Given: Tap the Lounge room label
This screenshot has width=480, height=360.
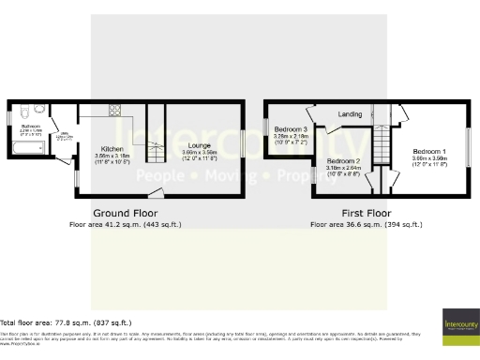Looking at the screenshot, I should click(x=198, y=145).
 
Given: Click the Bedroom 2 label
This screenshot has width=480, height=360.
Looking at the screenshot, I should click(x=344, y=161).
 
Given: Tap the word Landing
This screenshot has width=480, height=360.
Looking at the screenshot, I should click(x=350, y=114).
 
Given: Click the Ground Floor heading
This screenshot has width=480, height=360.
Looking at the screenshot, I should click(x=125, y=214).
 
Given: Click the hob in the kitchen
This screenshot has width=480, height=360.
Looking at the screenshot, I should click(x=116, y=111).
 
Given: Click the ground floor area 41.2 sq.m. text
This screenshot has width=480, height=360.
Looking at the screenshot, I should click(x=125, y=225).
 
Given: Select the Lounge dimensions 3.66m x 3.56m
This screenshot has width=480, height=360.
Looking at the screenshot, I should click(x=198, y=152).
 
